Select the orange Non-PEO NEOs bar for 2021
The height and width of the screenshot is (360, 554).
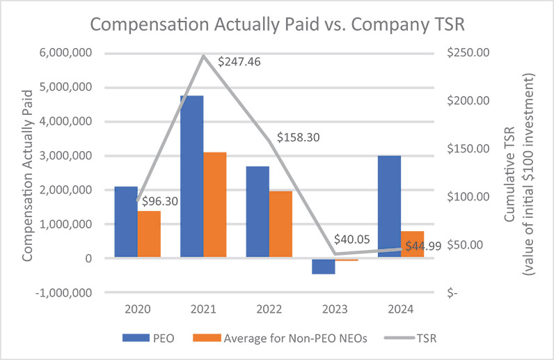pos(215,205)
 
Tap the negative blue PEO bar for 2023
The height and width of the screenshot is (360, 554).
pos(324,266)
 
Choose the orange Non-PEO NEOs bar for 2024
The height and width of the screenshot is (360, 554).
pos(412,244)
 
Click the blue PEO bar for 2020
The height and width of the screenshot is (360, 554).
pos(126,222)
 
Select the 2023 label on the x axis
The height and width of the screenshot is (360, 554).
pos(335,308)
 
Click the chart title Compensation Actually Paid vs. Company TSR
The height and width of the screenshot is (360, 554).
pos(276,26)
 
